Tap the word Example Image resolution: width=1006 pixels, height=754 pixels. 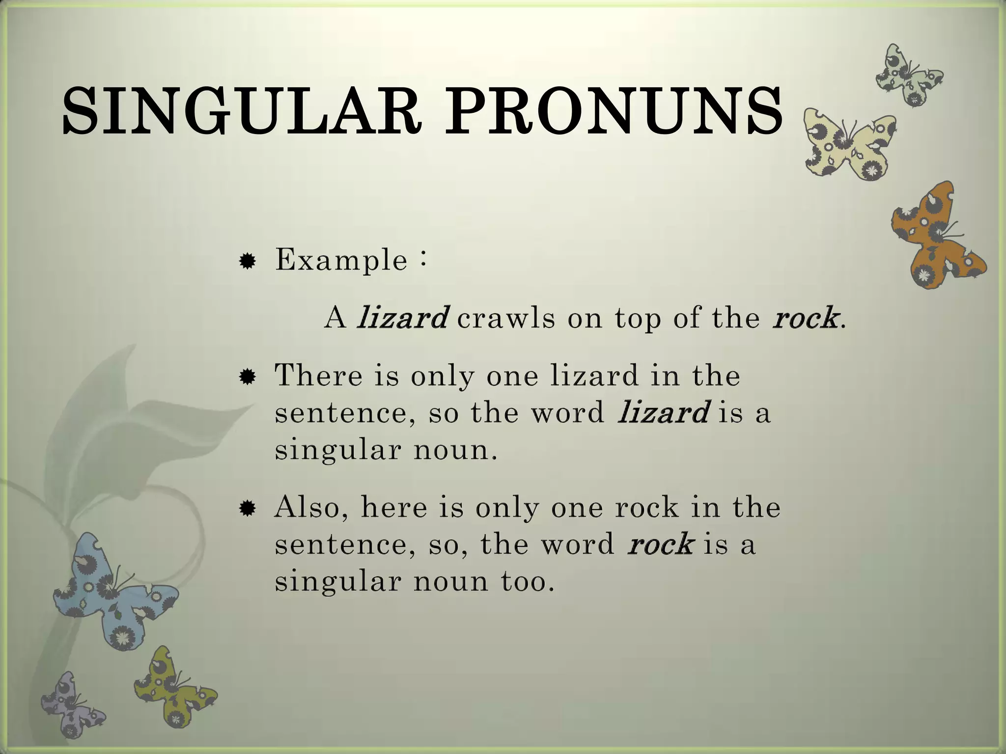tap(341, 260)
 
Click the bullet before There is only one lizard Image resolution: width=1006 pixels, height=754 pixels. tap(247, 377)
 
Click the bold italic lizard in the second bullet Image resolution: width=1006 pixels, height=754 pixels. tap(663, 412)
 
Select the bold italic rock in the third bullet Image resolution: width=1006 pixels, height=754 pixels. tap(661, 544)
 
